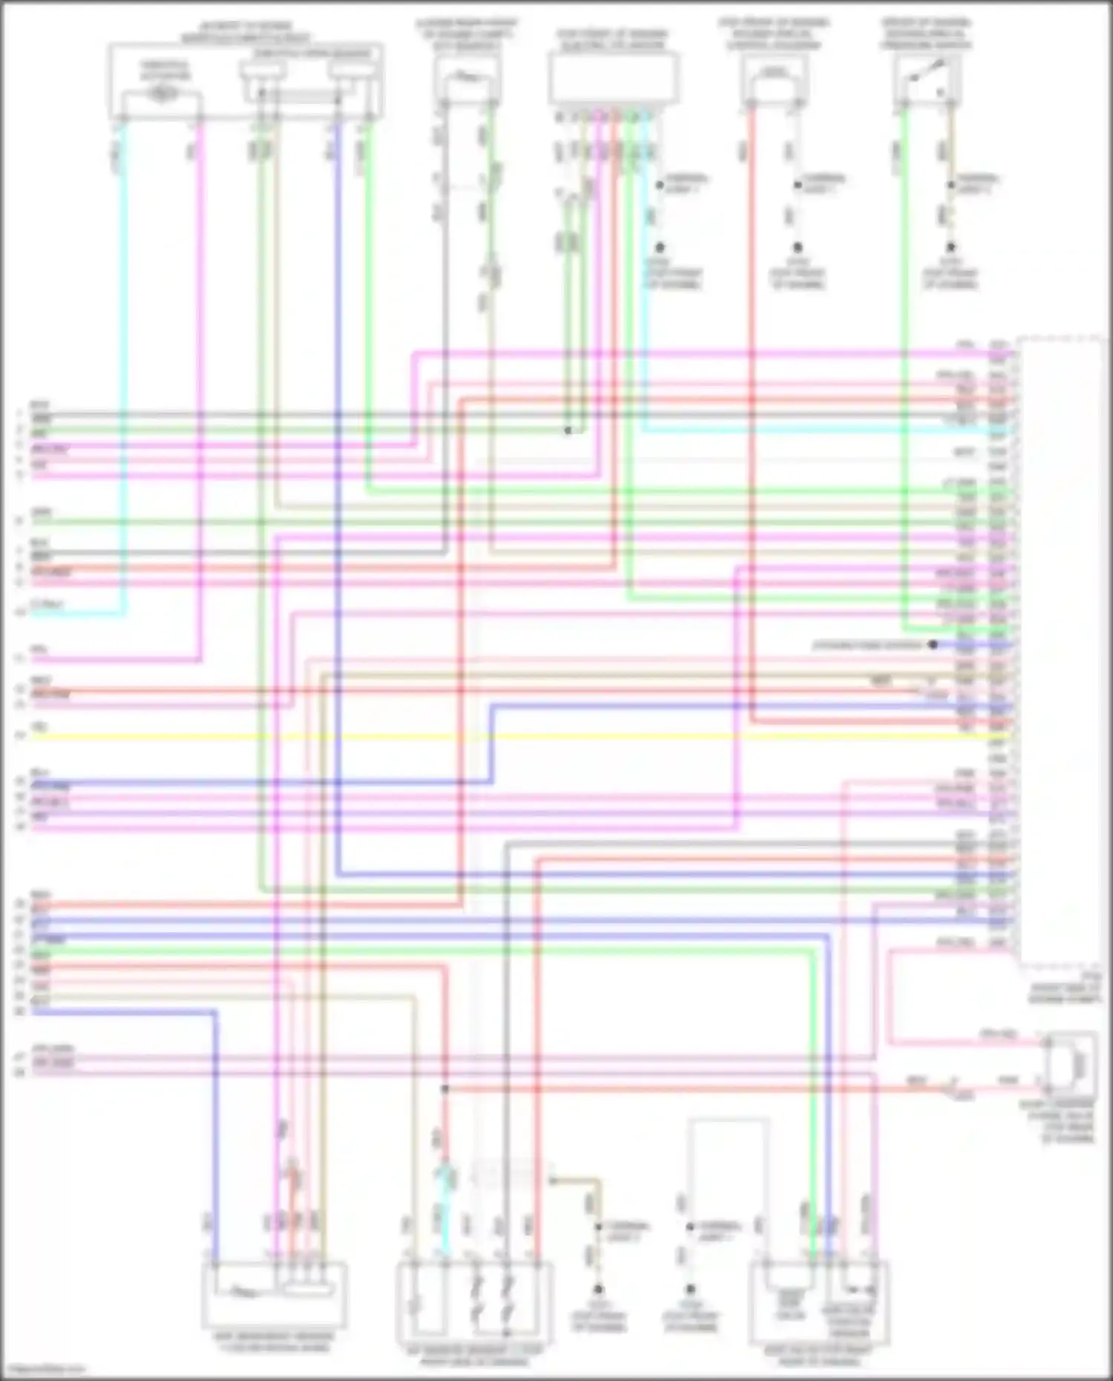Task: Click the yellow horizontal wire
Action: point(519,737)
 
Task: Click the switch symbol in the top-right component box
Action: point(927,74)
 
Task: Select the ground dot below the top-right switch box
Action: point(951,247)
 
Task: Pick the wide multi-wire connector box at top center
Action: point(613,79)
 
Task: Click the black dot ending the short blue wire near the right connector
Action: point(933,645)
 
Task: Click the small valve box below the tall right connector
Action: point(1071,1064)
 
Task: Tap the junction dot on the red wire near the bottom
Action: point(444,1089)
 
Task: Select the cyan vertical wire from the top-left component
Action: point(124,371)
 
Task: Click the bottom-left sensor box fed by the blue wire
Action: point(274,1294)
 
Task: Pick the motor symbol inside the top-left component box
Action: point(162,94)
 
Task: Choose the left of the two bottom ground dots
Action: point(598,1290)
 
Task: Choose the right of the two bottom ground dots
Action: point(690,1290)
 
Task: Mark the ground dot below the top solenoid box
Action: point(798,247)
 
